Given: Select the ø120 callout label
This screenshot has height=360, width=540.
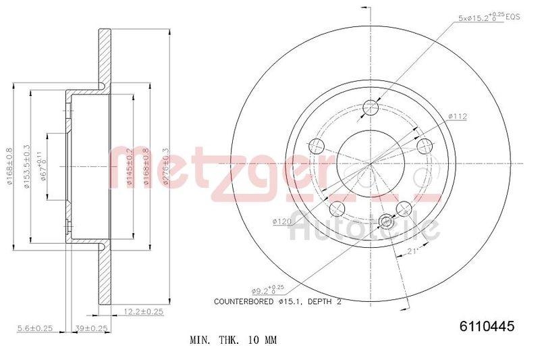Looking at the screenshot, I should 281,221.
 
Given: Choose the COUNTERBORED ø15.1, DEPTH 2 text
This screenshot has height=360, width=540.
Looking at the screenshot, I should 277,301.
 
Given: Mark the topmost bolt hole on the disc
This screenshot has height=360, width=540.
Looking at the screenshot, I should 369,107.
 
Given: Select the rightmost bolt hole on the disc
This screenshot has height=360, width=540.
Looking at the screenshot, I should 424,146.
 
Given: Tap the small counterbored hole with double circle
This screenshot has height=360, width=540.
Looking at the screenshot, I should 387,220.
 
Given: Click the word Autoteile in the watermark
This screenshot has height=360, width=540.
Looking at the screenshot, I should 364,230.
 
